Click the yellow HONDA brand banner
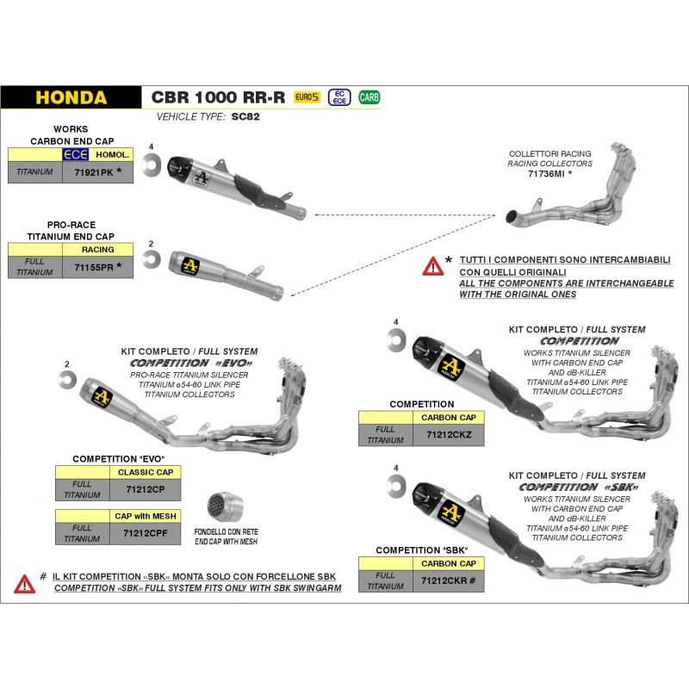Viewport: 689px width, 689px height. [x=71, y=97]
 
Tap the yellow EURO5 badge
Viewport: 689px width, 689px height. [x=307, y=97]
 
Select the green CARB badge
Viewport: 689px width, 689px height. [x=369, y=97]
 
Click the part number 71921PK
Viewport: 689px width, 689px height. [x=96, y=172]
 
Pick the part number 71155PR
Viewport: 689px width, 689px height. [x=95, y=267]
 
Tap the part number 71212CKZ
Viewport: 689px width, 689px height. [x=449, y=435]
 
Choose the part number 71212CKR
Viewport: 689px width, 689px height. [x=447, y=581]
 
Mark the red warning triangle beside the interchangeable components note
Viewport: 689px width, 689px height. [x=431, y=265]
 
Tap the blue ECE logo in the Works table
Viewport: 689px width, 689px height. [x=75, y=155]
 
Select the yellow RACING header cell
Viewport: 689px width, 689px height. [x=97, y=250]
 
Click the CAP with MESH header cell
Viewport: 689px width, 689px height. [x=145, y=516]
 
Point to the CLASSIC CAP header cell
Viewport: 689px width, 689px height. [x=145, y=473]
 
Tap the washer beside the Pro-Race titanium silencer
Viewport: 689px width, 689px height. [x=150, y=262]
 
